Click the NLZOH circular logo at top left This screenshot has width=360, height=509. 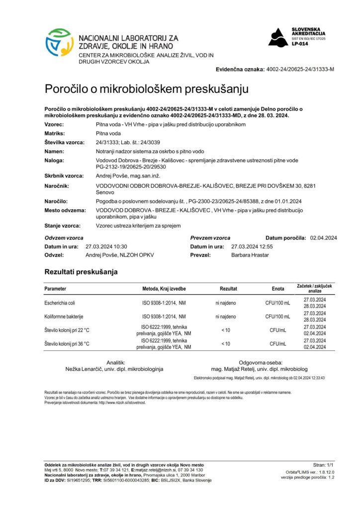coord(60,43)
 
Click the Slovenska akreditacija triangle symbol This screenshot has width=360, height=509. coord(278,37)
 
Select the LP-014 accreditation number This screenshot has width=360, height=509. coord(299,44)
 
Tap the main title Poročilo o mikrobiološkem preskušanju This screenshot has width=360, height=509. coord(147,89)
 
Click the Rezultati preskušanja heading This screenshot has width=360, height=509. coord(81,272)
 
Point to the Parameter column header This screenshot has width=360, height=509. coord(55,289)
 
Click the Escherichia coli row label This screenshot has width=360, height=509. coord(61,303)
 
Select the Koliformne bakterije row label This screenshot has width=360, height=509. coord(64,317)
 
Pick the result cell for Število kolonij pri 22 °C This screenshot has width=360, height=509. coord(225,330)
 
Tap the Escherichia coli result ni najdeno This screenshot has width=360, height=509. coord(225,303)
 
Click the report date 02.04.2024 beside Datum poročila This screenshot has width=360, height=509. coord(323,238)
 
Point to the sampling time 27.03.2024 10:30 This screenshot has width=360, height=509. coord(107,246)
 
